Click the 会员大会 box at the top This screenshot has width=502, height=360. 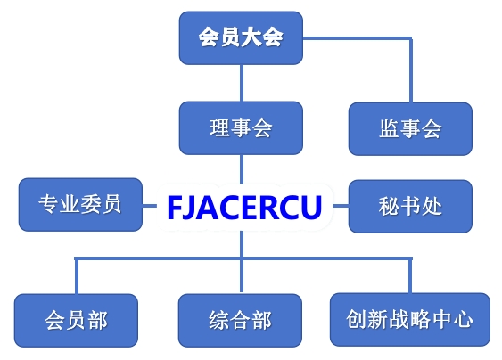click(241, 38)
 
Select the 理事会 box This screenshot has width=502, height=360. click(241, 128)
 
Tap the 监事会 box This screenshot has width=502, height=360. click(410, 129)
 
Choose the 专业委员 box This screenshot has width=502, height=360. click(80, 204)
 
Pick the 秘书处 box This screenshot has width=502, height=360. click(410, 207)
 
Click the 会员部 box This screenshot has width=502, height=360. click(76, 320)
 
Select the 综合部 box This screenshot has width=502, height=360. click(240, 320)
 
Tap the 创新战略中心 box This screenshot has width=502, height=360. click(410, 320)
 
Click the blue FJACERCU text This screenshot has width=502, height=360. click(244, 208)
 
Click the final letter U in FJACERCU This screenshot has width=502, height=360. click(311, 208)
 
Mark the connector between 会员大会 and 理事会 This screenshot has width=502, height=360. click(242, 83)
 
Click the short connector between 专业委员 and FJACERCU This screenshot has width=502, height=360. click(149, 206)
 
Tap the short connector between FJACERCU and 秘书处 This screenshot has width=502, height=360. click(341, 206)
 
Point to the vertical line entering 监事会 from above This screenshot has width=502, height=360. click(411, 70)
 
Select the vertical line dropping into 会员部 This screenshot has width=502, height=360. click(77, 275)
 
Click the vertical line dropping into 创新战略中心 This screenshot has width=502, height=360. click(410, 274)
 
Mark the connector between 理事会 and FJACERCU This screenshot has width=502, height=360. click(242, 169)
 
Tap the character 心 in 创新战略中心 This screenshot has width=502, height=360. click(464, 319)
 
